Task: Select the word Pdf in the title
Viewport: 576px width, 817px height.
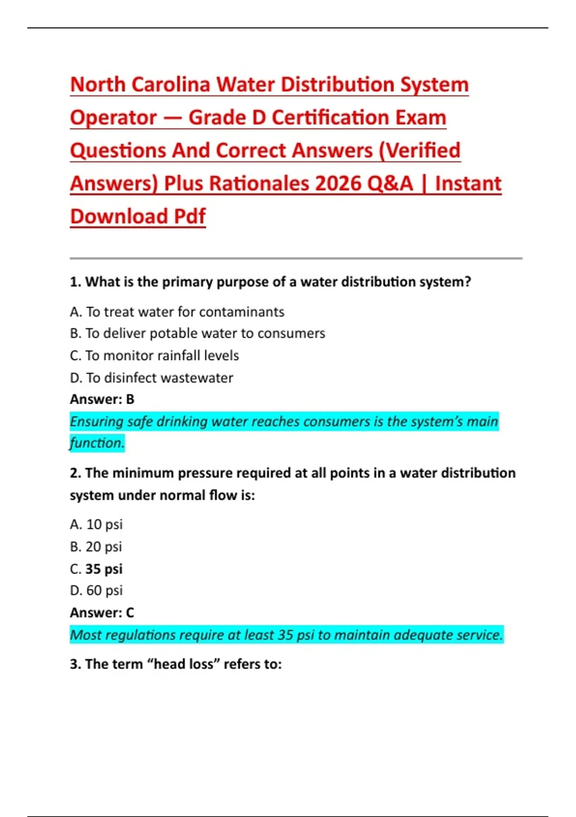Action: tap(190, 216)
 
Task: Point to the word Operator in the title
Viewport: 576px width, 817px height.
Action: tap(113, 118)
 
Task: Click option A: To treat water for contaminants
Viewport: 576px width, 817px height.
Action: tap(177, 312)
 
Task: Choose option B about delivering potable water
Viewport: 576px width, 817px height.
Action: tap(197, 334)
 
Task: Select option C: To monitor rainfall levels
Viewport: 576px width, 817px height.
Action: tap(154, 356)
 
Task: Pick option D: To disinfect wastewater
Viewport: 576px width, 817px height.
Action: tap(151, 378)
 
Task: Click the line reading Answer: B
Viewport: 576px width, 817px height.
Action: tap(102, 399)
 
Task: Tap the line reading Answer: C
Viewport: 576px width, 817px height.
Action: tap(102, 613)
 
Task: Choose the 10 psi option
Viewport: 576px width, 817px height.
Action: tap(96, 524)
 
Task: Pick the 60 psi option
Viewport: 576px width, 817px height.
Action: tap(96, 591)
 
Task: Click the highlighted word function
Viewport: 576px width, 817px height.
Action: tap(97, 443)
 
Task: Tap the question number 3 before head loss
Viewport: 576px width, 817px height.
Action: tap(75, 664)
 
